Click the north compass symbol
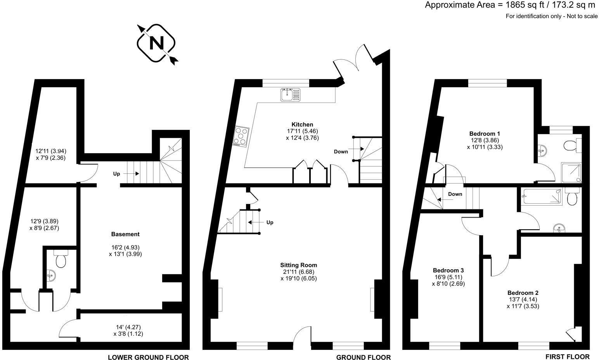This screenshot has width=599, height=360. pos(157,43)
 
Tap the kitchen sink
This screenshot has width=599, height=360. pos(290,94)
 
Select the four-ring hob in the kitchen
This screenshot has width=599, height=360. pos(241,137)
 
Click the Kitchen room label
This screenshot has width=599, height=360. pos(302,125)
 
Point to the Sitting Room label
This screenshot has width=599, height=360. pos(298,265)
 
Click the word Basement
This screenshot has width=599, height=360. pos(125,234)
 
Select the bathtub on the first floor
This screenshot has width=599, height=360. pos(542,196)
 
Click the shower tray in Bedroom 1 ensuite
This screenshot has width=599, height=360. pos(571,172)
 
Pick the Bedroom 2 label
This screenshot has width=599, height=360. pos(523,293)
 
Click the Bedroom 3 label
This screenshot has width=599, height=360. pos(448,270)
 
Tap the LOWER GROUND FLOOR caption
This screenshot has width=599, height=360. pos(148,357)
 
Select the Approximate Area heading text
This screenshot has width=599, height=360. pos(510,5)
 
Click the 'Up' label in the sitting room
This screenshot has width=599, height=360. pos(270,222)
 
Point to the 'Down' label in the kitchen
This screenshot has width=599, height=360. pos(341,151)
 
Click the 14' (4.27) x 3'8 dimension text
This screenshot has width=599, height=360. pos(128,330)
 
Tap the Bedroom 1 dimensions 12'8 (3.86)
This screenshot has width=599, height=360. pos(485,140)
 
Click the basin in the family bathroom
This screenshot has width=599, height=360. pos(559,227)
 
